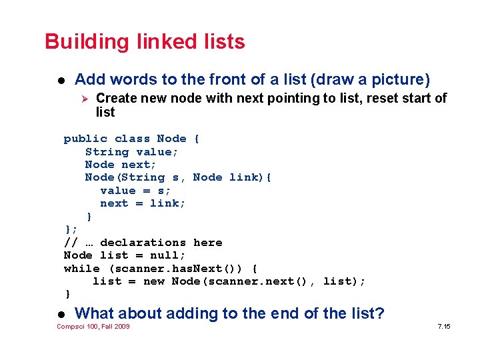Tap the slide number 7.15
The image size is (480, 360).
click(x=444, y=326)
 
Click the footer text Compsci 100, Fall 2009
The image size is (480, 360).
click(x=93, y=326)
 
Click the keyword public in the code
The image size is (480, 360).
click(x=85, y=139)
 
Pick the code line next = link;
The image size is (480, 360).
click(x=143, y=203)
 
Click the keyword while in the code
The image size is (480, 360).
click(x=81, y=268)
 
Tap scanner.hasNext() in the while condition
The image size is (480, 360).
click(x=176, y=268)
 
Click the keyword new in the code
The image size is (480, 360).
click(x=154, y=281)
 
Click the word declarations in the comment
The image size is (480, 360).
click(x=143, y=243)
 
